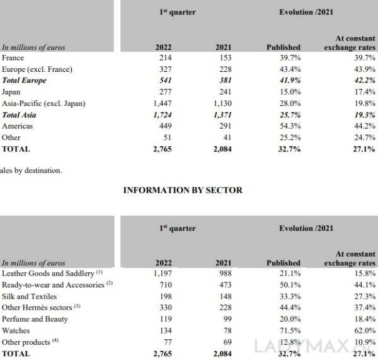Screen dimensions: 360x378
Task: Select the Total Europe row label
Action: click(x=25, y=81)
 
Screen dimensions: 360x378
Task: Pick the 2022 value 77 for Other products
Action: click(x=166, y=342)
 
